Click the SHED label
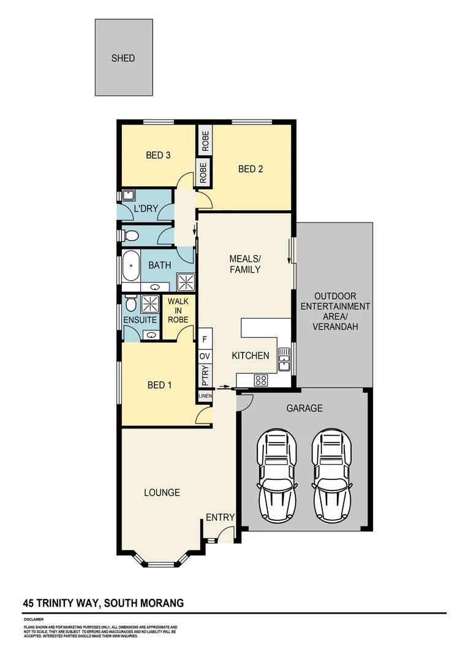pyautogui.click(x=123, y=59)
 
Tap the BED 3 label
pyautogui.click(x=158, y=155)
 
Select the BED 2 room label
pyautogui.click(x=251, y=169)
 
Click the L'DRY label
pyautogui.click(x=146, y=210)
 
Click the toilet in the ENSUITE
pyautogui.click(x=130, y=304)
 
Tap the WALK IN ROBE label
pyautogui.click(x=178, y=310)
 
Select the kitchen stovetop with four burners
pyautogui.click(x=261, y=380)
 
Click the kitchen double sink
pyautogui.click(x=284, y=359)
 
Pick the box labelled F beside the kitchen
pyautogui.click(x=205, y=339)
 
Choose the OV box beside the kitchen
pyautogui.click(x=205, y=356)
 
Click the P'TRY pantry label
pyautogui.click(x=205, y=376)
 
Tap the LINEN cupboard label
pyautogui.click(x=205, y=397)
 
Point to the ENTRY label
pyautogui.click(x=220, y=517)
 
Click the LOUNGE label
pyautogui.click(x=162, y=492)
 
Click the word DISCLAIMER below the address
pyautogui.click(x=34, y=620)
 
